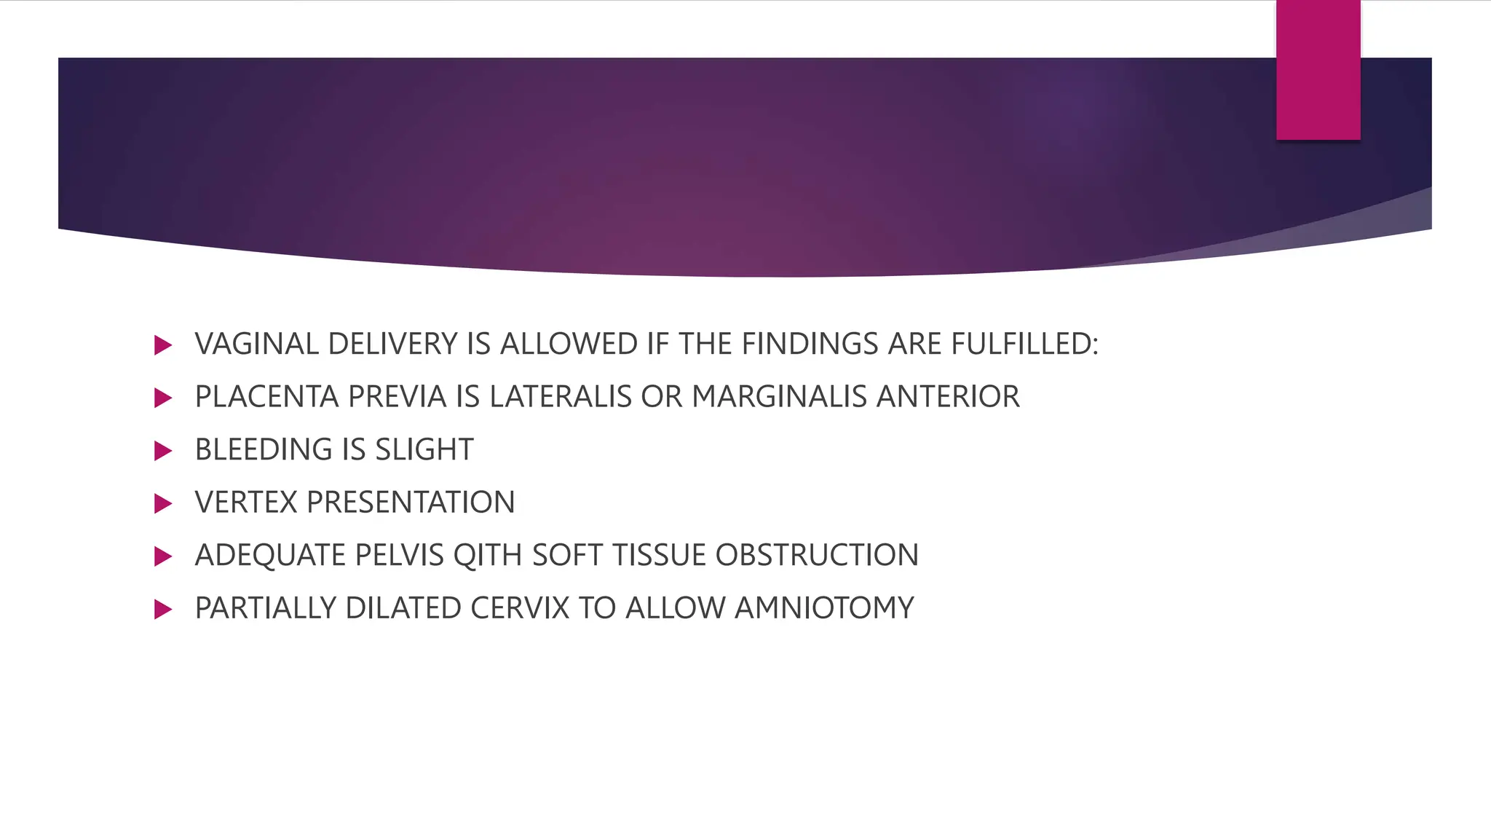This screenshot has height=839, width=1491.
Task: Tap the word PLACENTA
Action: tap(266, 397)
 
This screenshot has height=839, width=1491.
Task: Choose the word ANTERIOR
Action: tap(948, 397)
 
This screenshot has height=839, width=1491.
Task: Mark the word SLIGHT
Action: tap(424, 449)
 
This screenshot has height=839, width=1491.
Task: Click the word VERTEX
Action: tap(246, 503)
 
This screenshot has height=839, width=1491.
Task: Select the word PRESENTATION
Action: tap(411, 503)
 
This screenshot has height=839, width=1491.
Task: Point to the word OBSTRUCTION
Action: tap(817, 556)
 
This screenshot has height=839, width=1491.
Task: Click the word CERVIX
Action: tap(520, 608)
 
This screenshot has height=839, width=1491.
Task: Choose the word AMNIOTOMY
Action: tap(824, 608)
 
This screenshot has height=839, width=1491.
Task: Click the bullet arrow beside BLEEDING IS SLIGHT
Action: tap(163, 451)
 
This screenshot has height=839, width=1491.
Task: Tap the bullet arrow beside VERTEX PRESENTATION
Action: tap(163, 504)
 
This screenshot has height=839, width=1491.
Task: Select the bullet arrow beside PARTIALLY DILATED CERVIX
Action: tap(163, 610)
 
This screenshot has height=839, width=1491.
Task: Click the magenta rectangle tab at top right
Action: tap(1318, 70)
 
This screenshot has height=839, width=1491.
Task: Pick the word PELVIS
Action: tap(399, 556)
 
